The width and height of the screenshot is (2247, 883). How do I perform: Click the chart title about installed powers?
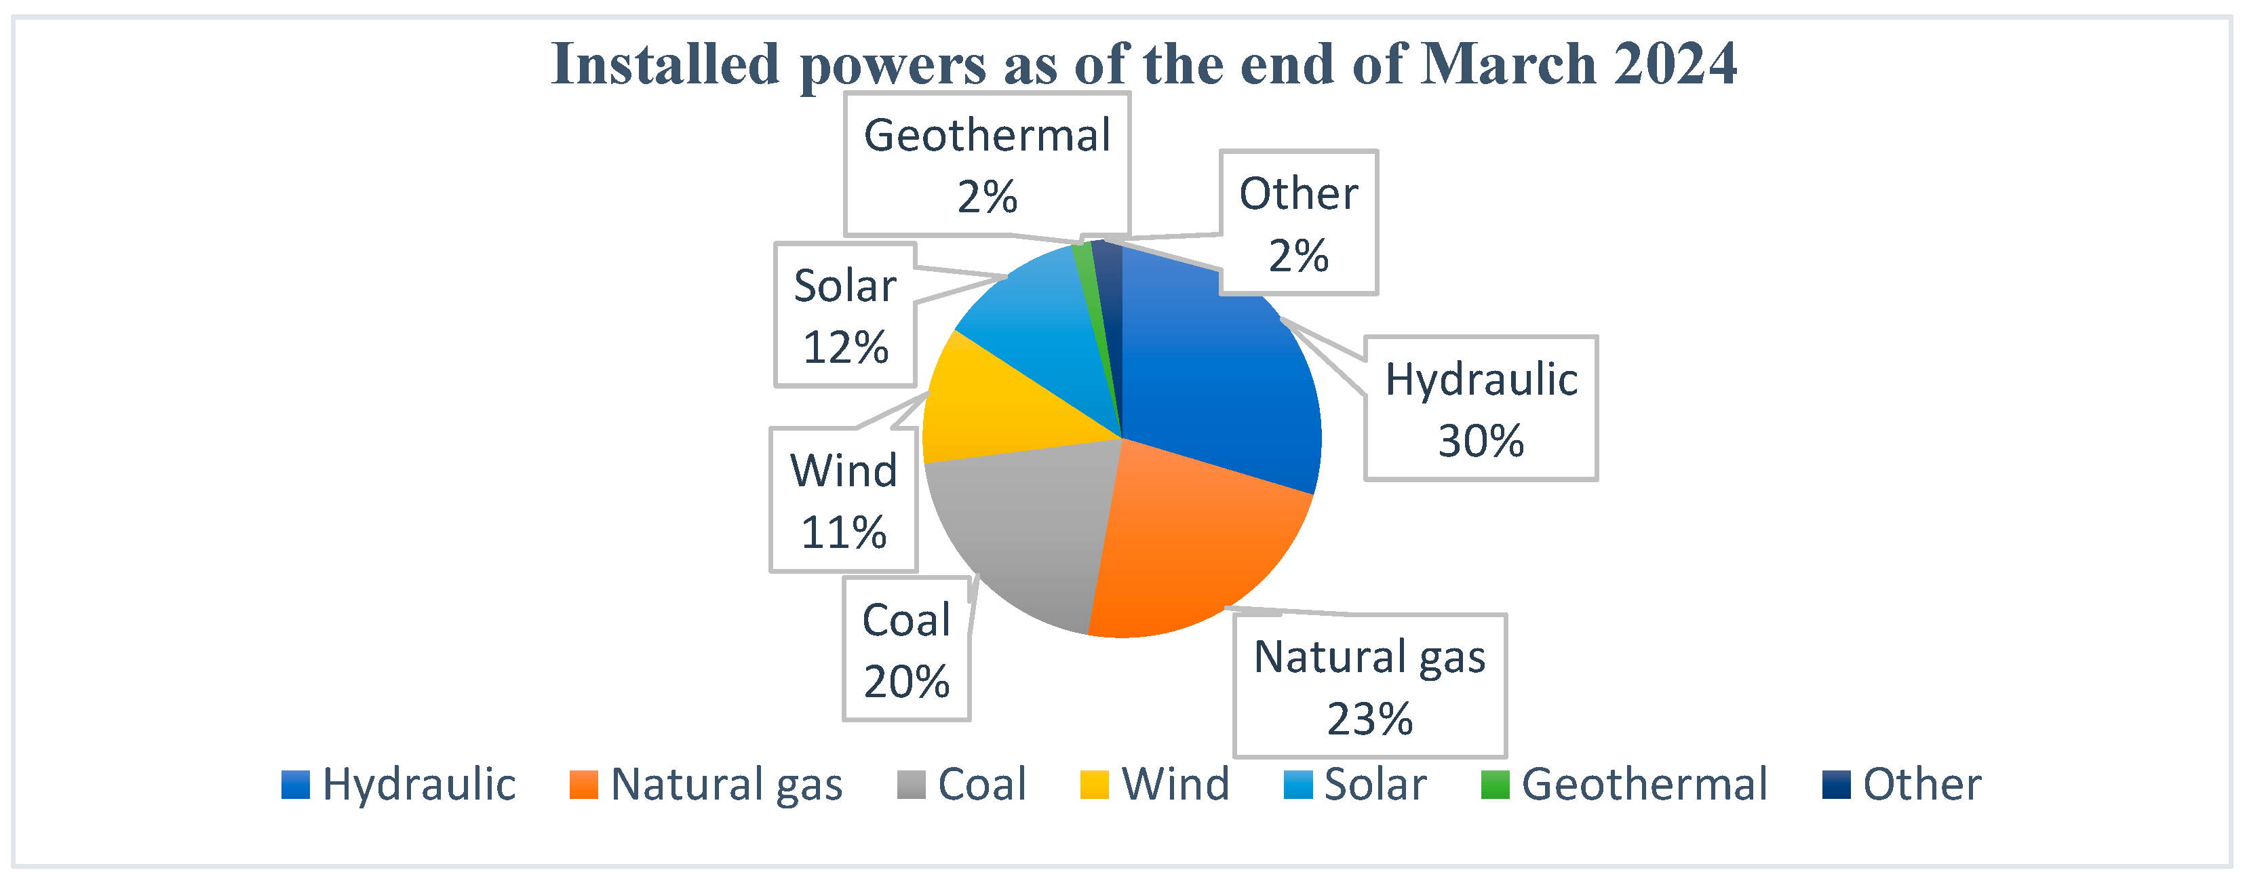[1144, 64]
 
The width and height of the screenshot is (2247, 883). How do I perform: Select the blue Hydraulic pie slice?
[1222, 366]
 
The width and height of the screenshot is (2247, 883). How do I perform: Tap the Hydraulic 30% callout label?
[1481, 408]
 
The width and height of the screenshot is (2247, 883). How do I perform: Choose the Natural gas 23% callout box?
[1369, 686]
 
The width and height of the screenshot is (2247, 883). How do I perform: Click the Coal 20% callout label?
[906, 649]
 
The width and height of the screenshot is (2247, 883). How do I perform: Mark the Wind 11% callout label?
[844, 500]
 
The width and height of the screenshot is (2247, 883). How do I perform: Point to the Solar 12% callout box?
[845, 315]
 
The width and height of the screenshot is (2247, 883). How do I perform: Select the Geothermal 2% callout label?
[988, 164]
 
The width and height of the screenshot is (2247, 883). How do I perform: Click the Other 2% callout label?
[1299, 222]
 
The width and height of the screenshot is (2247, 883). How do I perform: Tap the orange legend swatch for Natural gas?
[583, 785]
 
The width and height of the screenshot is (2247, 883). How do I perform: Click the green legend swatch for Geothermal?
[1495, 785]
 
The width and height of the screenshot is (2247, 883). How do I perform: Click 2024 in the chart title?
[1675, 64]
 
